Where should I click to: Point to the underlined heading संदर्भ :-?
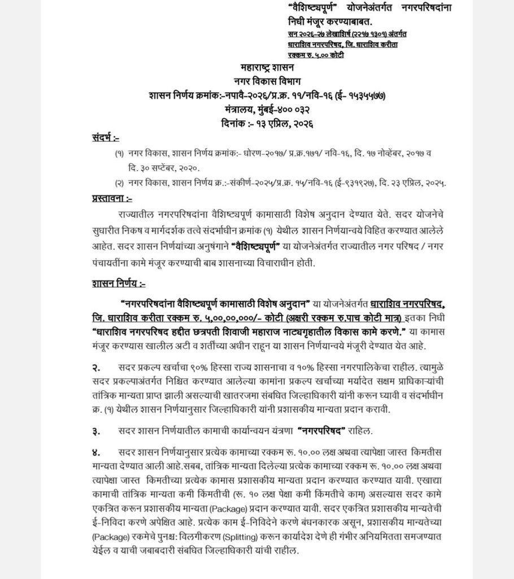[x=106, y=137]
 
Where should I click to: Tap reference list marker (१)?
[x=119, y=154]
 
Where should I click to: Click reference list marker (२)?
[x=119, y=183]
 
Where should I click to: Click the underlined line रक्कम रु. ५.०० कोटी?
[x=316, y=55]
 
